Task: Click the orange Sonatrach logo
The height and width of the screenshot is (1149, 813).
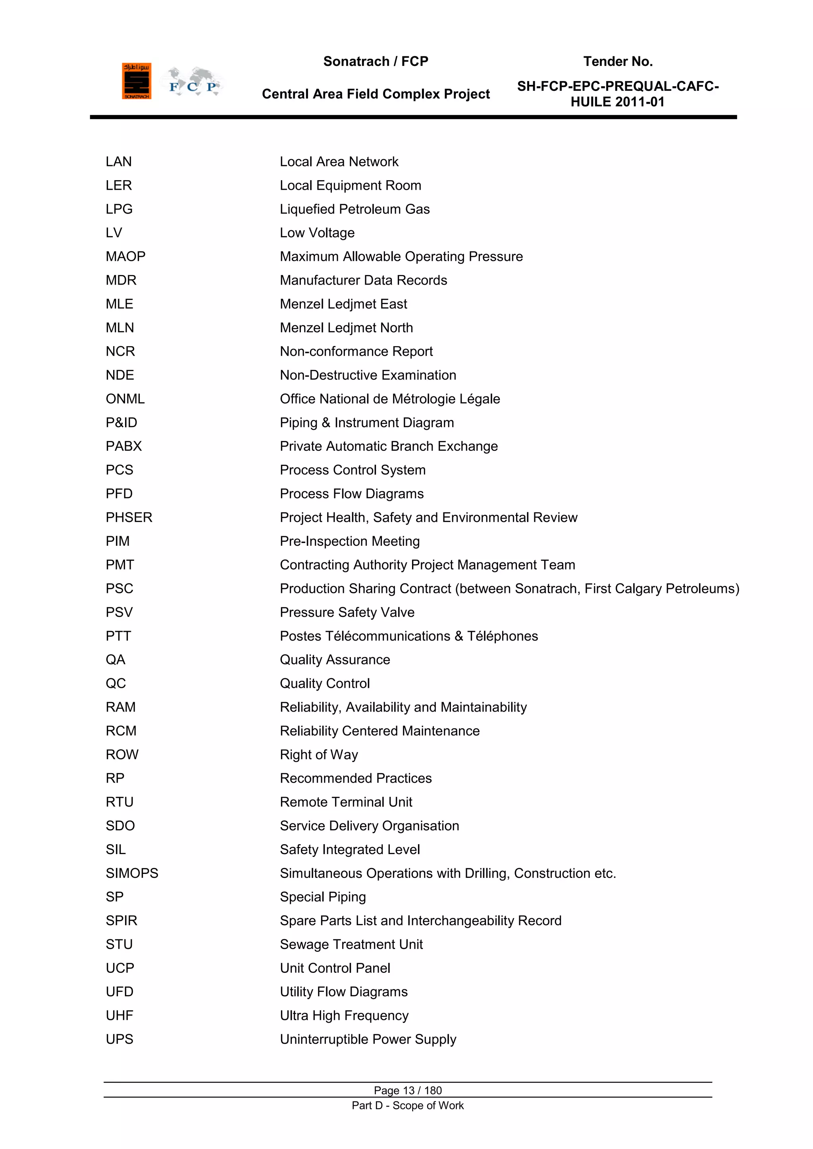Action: (136, 81)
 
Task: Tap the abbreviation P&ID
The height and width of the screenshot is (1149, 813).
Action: (121, 423)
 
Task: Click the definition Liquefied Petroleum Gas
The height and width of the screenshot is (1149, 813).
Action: (354, 209)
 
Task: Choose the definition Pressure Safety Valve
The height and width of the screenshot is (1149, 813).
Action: (347, 612)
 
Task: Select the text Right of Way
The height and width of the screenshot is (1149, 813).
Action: (319, 754)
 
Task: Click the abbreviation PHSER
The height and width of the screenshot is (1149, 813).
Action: (129, 518)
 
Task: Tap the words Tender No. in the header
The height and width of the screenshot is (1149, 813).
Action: (618, 62)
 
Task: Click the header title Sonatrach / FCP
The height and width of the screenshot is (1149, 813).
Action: (376, 62)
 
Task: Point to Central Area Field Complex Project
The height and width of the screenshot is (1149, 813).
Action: (376, 94)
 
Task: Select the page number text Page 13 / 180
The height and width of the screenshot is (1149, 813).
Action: (408, 1090)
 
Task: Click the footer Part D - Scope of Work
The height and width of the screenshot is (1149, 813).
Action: (408, 1105)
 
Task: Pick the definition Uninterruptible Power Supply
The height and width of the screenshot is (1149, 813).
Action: (368, 1039)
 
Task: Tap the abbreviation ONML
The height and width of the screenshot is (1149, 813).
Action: (125, 399)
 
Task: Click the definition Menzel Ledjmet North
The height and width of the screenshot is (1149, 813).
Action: (347, 328)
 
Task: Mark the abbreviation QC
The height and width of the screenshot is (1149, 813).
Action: (116, 683)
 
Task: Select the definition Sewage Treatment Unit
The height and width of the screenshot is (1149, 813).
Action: (351, 944)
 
